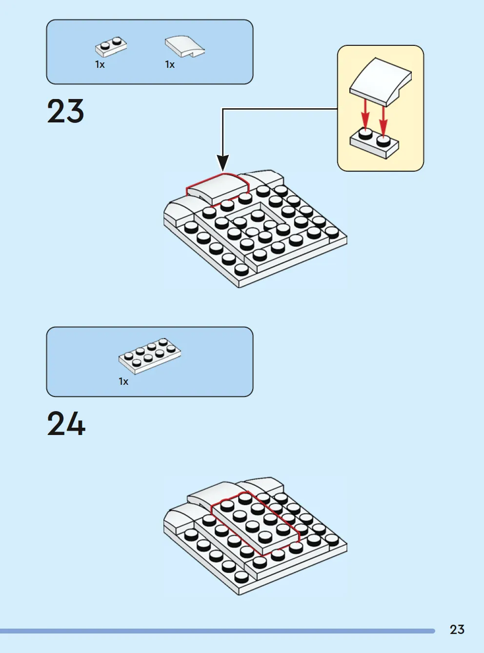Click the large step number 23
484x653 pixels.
pyautogui.click(x=65, y=111)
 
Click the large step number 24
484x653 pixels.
pyautogui.click(x=66, y=423)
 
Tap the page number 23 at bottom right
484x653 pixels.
pyautogui.click(x=457, y=630)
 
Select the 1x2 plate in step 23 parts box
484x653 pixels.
pyautogui.click(x=111, y=47)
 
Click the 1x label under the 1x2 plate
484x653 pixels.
pyautogui.click(x=100, y=65)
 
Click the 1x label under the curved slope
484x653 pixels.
pyautogui.click(x=170, y=65)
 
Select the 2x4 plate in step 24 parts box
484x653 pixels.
pyautogui.click(x=150, y=356)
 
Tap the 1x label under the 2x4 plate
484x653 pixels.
pyautogui.click(x=123, y=381)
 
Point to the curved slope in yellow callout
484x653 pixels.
pyautogui.click(x=380, y=81)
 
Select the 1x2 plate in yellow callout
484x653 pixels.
pyautogui.click(x=374, y=143)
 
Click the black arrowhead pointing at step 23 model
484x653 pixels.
pyautogui.click(x=222, y=163)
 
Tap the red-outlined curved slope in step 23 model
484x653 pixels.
pyautogui.click(x=218, y=188)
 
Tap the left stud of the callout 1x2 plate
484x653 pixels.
pyautogui.click(x=365, y=134)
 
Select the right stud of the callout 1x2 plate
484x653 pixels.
pyautogui.click(x=383, y=141)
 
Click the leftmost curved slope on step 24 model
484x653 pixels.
pyautogui.click(x=181, y=514)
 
